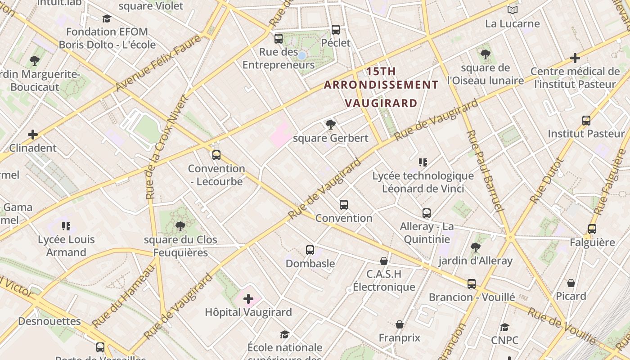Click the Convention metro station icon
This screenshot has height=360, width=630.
344,205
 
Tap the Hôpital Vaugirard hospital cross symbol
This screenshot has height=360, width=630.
248,298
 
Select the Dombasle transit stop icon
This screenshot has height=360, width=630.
310,250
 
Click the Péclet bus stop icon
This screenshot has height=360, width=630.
336,30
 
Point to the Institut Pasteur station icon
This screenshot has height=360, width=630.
586,121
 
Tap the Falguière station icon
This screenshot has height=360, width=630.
592,229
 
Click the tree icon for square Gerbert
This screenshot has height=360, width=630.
330,125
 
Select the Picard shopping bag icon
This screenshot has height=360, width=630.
571,283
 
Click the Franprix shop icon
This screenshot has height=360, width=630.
399,324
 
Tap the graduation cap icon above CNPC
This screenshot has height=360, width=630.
505,327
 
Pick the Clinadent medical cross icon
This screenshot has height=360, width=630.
33,135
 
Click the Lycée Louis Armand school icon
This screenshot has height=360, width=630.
66,226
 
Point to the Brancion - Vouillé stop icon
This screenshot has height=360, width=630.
472,284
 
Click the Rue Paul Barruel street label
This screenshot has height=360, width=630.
484,171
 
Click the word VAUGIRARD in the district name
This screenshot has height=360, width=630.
381,103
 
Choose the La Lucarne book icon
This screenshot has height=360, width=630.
512,10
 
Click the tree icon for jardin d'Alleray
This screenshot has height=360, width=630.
475,247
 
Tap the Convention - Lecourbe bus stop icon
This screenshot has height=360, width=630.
216,155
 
